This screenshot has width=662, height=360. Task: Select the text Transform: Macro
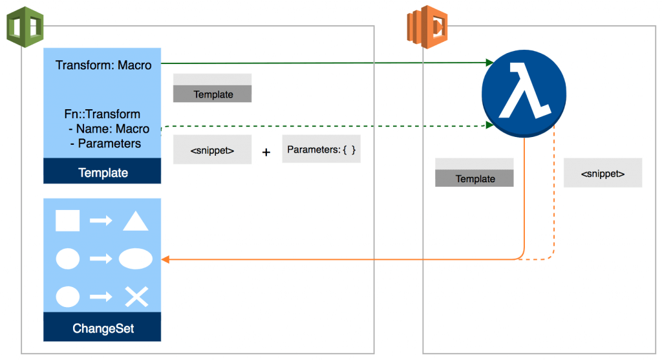click(x=103, y=65)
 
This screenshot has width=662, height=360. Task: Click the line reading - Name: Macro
click(x=108, y=129)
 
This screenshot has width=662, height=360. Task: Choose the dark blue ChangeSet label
click(x=102, y=328)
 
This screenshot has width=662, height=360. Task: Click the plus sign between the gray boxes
click(x=266, y=153)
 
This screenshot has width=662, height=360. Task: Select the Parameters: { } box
click(x=321, y=149)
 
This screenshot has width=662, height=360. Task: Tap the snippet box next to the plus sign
click(x=212, y=151)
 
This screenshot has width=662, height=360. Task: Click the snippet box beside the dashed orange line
click(x=603, y=173)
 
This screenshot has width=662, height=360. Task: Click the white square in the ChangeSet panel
click(x=67, y=220)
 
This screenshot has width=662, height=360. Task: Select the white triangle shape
click(x=136, y=221)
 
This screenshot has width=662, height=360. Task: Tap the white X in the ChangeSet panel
click(x=136, y=297)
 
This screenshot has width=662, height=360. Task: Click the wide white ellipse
click(x=136, y=259)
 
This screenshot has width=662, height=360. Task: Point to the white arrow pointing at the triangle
click(x=101, y=221)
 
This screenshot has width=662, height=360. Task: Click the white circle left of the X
click(x=67, y=297)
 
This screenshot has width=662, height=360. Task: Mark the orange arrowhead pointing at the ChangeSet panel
click(x=165, y=259)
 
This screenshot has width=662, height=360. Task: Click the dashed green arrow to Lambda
click(x=323, y=125)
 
